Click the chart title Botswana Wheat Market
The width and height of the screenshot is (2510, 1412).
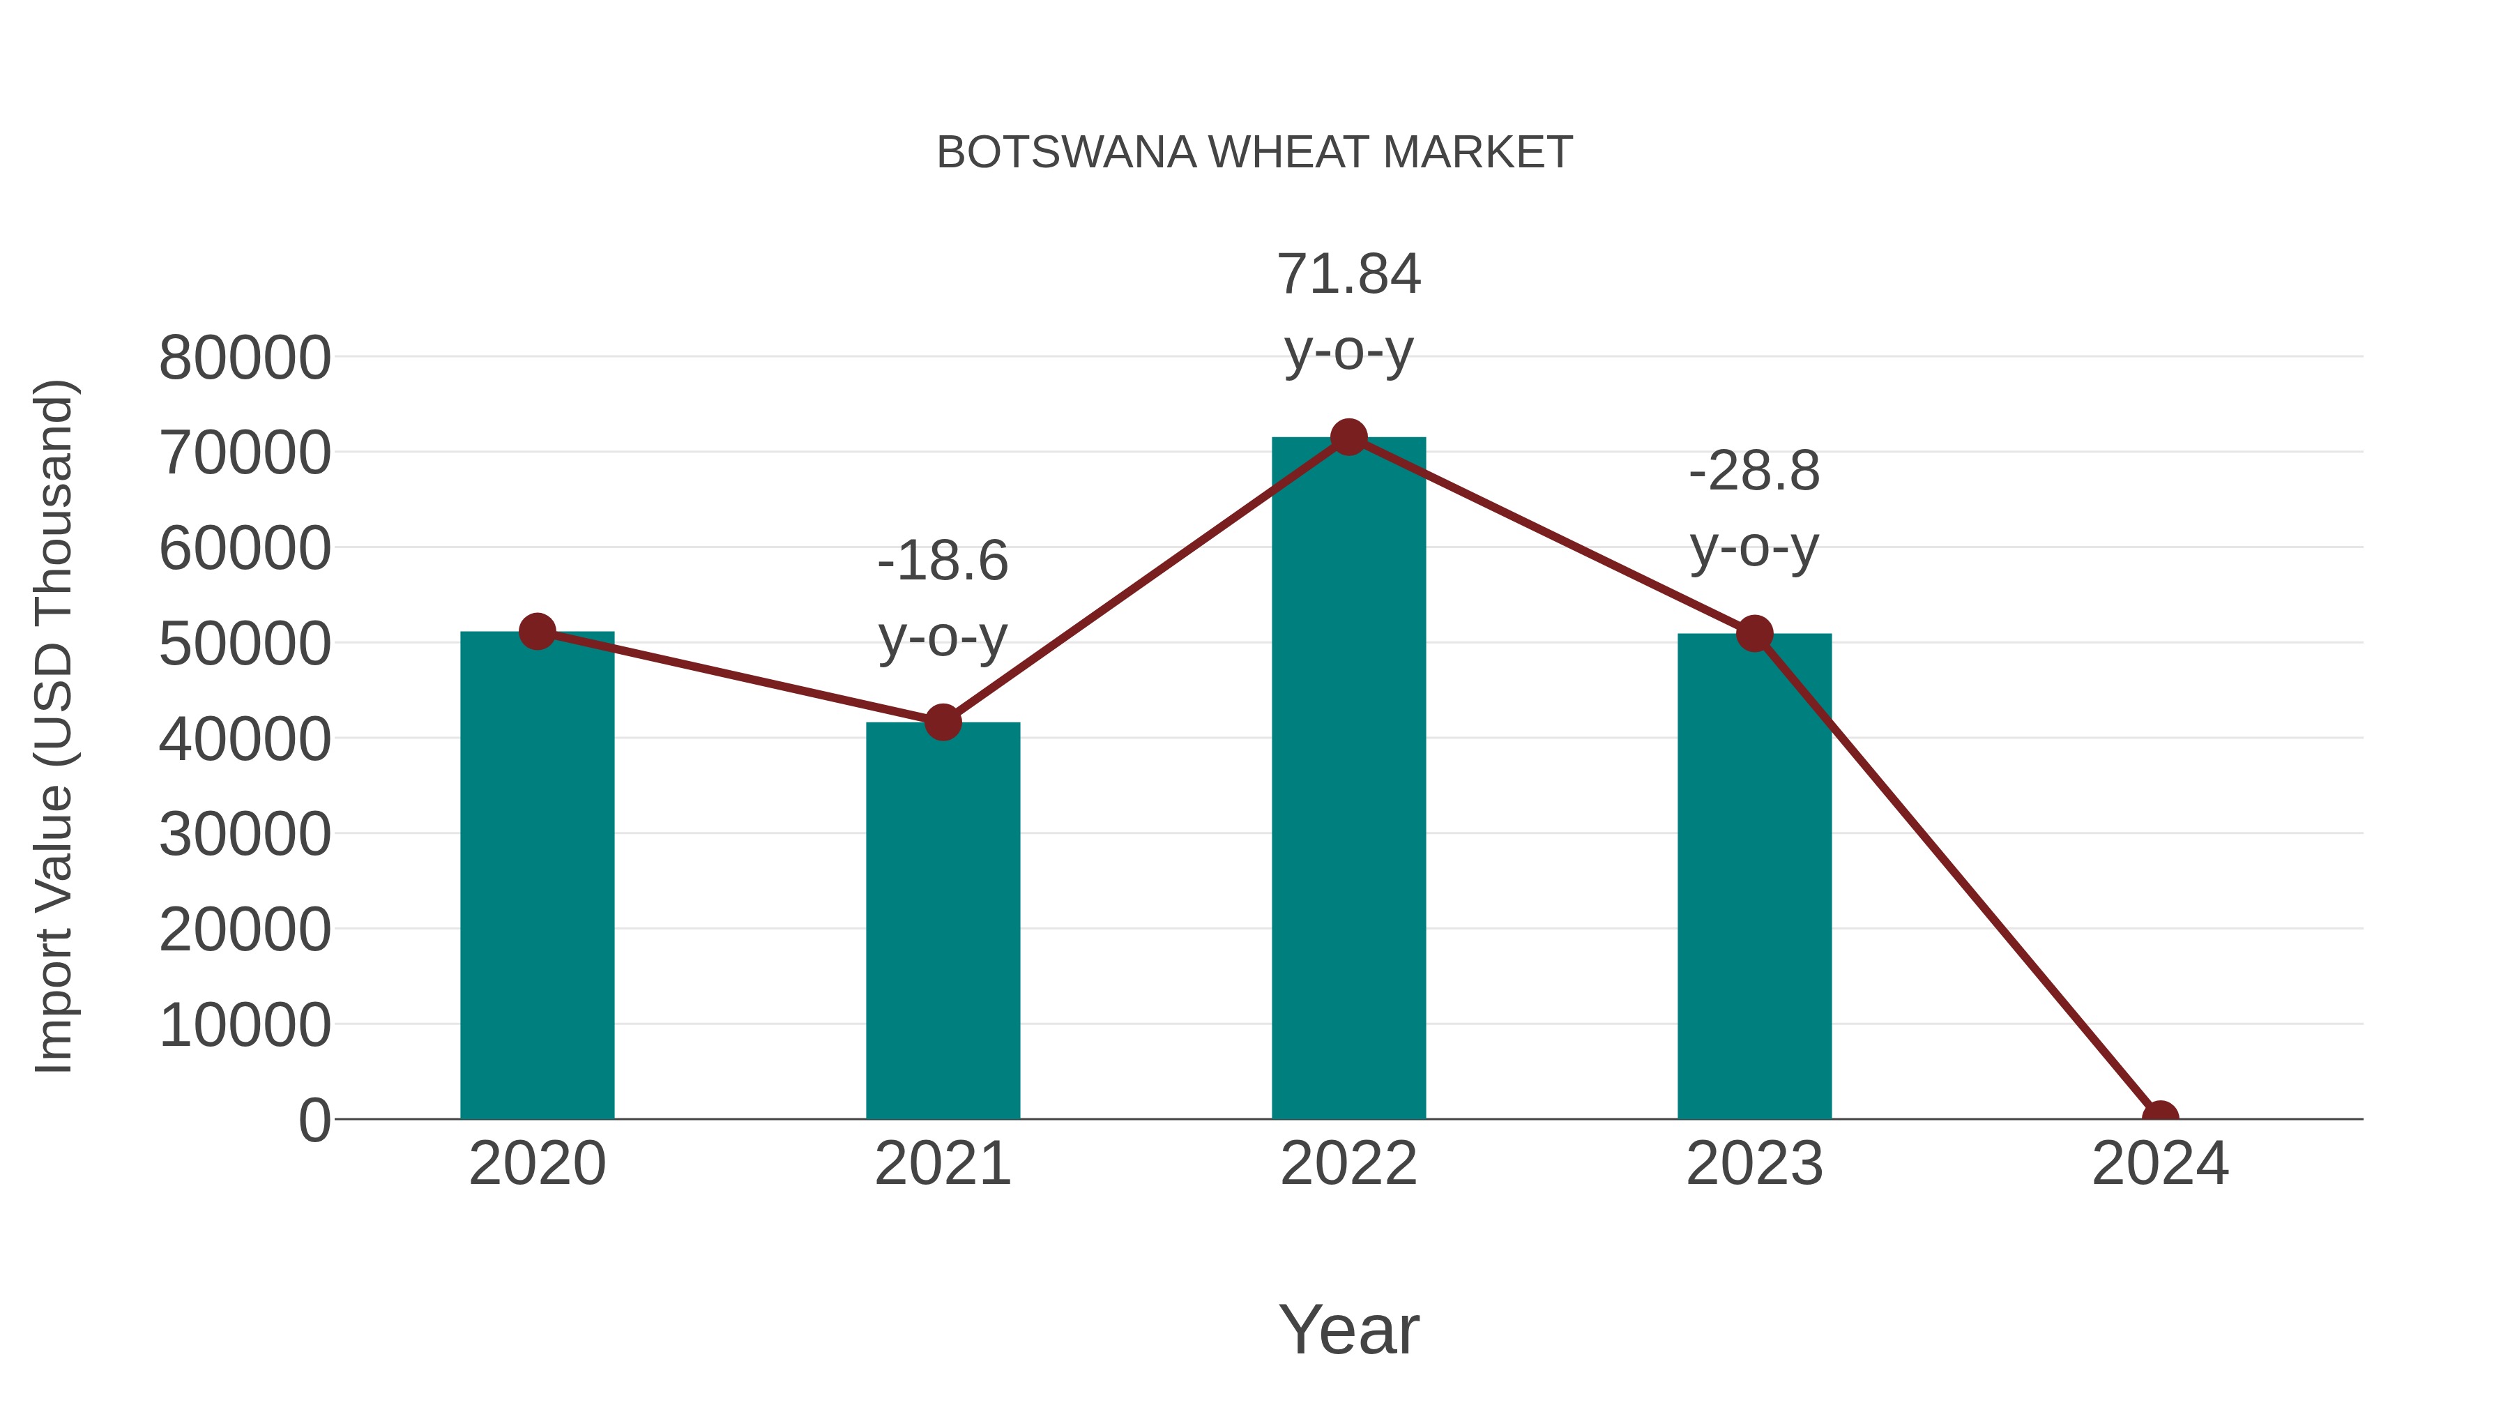pyautogui.click(x=1254, y=153)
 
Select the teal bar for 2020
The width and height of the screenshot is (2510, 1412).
pyautogui.click(x=537, y=877)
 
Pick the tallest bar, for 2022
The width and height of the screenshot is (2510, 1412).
pyautogui.click(x=1348, y=780)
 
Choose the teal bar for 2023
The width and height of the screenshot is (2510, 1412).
pyautogui.click(x=1754, y=877)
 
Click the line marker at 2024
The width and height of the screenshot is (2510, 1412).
pyautogui.click(x=2160, y=1117)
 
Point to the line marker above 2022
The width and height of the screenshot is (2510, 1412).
pyautogui.click(x=1348, y=437)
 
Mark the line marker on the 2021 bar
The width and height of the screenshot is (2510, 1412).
pyautogui.click(x=942, y=722)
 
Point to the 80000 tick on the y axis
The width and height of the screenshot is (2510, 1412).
pyautogui.click(x=245, y=358)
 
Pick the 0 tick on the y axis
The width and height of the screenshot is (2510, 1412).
pyautogui.click(x=314, y=1120)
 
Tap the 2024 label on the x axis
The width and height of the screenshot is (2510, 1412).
pyautogui.click(x=2160, y=1164)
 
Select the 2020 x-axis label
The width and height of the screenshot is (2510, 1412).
pyautogui.click(x=537, y=1164)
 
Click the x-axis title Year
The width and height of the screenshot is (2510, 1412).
pyautogui.click(x=1348, y=1329)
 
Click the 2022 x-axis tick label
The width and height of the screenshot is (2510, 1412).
pyautogui.click(x=1348, y=1164)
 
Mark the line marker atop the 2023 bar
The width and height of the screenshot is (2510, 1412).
pyautogui.click(x=1754, y=633)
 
